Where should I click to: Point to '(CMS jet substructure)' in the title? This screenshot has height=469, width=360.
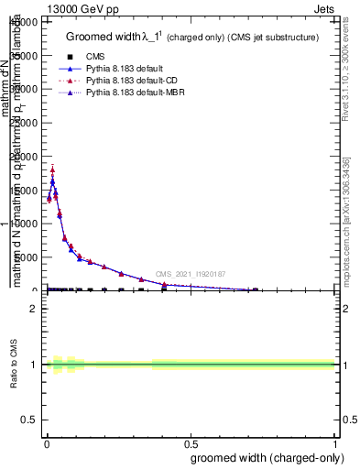point(273,38)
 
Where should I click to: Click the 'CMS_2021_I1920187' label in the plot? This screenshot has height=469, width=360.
point(190,274)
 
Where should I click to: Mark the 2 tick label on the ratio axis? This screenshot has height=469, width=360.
point(35,309)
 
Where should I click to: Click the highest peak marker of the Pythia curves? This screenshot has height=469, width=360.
point(52,169)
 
